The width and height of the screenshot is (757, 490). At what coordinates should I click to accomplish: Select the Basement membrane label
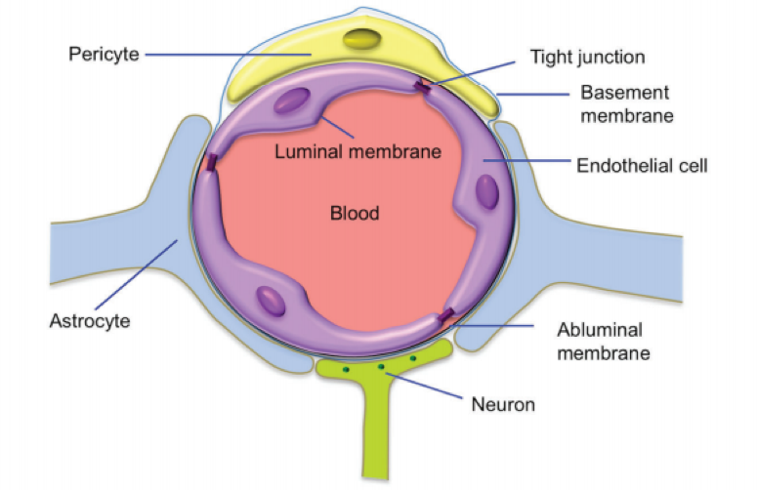click(x=625, y=104)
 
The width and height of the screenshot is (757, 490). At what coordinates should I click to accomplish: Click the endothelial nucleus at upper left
click(x=291, y=102)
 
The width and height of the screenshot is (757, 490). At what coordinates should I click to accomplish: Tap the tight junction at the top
click(x=423, y=88)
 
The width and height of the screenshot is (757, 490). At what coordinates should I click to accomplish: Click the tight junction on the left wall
click(x=209, y=162)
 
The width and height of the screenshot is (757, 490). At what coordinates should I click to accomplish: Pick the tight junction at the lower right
click(x=446, y=315)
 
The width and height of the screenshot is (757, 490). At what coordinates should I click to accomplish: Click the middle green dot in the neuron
click(x=382, y=368)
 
